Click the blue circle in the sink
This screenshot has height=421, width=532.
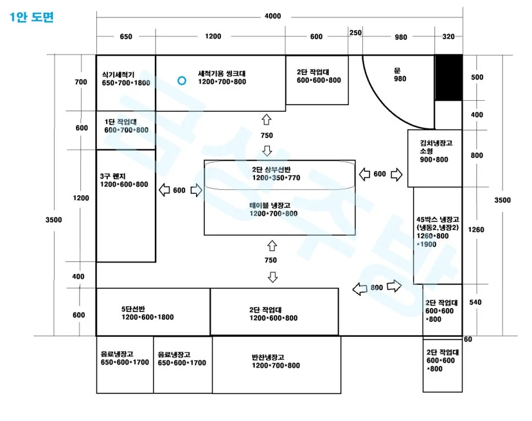[x=182, y=81]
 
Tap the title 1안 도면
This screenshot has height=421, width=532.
[x=32, y=17]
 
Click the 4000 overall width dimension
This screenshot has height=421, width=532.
[x=273, y=16]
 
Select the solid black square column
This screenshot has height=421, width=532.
[x=448, y=78]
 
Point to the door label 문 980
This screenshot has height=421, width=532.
[x=400, y=74]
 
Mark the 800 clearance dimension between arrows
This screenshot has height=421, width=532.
[x=377, y=288]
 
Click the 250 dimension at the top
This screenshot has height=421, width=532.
[x=355, y=33]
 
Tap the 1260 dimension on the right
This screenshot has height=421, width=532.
[x=475, y=230]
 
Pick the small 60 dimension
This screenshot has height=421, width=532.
[x=468, y=339]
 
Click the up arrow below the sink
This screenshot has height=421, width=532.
[x=267, y=119]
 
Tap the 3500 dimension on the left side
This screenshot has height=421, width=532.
[x=53, y=219]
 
